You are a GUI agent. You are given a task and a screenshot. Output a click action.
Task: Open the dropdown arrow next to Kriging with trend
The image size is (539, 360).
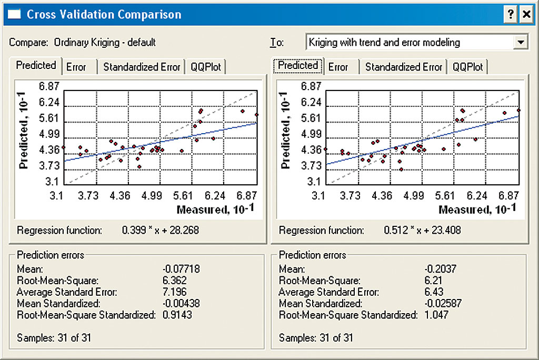(x=521, y=42)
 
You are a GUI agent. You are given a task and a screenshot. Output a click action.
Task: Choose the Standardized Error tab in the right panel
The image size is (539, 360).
(x=404, y=67)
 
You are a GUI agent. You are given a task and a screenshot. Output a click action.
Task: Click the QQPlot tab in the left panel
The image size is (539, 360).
(x=207, y=67)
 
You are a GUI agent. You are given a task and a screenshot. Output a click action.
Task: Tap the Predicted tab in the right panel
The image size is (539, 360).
(x=298, y=66)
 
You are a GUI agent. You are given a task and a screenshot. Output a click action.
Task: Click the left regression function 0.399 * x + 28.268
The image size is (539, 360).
(x=161, y=230)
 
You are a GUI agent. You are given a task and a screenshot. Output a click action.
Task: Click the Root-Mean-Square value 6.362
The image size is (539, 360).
(x=175, y=281)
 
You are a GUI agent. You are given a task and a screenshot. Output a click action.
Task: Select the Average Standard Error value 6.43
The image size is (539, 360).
(x=434, y=292)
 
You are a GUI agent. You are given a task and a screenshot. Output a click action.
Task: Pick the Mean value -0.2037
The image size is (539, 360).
(x=440, y=269)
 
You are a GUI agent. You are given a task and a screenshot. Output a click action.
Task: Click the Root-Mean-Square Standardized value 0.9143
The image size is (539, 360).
(x=177, y=315)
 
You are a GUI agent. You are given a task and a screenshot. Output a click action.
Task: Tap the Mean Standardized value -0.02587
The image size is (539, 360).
(x=442, y=304)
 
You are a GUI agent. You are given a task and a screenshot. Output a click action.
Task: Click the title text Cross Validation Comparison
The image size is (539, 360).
(x=104, y=14)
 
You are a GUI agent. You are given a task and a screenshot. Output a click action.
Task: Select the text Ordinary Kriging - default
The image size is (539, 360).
(x=105, y=43)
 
